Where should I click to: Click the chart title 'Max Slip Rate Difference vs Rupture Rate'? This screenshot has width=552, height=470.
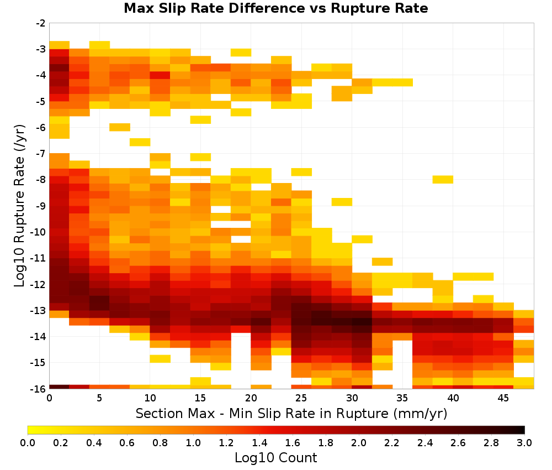[x=275, y=8]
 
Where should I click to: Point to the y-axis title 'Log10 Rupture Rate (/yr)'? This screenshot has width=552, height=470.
[x=20, y=206]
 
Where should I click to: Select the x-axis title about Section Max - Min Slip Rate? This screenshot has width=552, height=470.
[x=291, y=413]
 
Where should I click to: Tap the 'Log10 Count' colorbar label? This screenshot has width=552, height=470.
[x=275, y=458]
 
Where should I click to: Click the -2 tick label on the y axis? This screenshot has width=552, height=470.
[x=41, y=23]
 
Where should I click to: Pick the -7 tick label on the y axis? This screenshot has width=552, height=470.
[x=41, y=154]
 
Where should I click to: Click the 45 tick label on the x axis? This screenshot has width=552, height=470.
[x=503, y=398]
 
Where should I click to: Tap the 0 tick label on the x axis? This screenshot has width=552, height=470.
[x=49, y=398]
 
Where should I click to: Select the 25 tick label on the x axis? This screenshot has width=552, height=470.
[x=301, y=398]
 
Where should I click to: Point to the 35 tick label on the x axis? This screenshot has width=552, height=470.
[x=402, y=398]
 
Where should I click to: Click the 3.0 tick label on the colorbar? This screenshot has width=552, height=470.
[x=524, y=442]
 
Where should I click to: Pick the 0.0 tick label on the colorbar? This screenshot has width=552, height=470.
[x=28, y=442]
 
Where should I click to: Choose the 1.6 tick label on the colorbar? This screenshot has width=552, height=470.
[x=293, y=442]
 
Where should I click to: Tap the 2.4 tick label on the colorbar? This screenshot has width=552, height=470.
[x=425, y=442]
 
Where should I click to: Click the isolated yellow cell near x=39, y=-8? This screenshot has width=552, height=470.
[x=443, y=179]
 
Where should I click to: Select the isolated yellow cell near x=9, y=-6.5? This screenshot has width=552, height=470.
[x=140, y=142]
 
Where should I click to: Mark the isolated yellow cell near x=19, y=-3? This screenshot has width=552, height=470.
[x=241, y=53]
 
